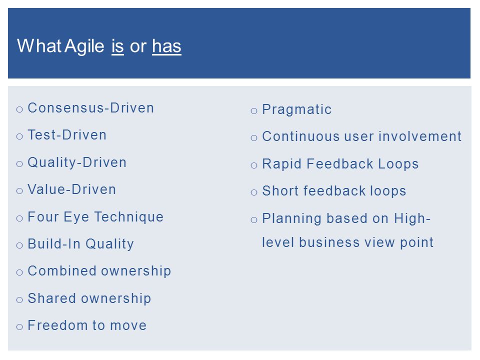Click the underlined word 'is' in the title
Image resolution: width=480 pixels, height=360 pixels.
click(117, 46)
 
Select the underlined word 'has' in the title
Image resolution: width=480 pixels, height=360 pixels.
click(167, 46)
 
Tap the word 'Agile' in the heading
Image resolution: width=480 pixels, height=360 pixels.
click(84, 46)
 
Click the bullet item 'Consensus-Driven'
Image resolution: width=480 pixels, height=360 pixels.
click(90, 108)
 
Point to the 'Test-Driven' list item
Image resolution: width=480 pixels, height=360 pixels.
click(67, 135)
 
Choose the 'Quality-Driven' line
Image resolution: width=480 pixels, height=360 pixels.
click(77, 162)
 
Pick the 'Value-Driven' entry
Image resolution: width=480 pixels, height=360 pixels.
click(72, 189)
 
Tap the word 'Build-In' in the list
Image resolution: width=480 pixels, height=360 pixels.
click(54, 244)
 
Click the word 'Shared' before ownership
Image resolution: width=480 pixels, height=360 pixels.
click(51, 298)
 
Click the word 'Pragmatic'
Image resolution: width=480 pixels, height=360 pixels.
click(296, 110)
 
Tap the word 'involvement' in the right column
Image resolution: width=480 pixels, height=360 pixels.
click(420, 136)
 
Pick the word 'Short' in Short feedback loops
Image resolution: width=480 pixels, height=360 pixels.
click(280, 191)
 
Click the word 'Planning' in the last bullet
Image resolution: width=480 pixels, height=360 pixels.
click(291, 219)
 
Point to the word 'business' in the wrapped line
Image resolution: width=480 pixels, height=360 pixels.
click(329, 242)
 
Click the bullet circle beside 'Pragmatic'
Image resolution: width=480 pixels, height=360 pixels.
click(254, 111)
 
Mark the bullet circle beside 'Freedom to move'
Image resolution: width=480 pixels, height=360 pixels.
click(19, 327)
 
